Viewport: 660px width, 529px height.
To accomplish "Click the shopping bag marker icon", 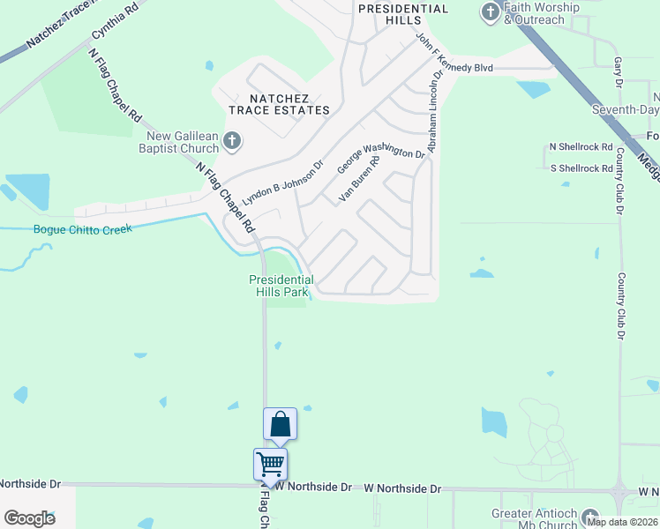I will tap(280, 424).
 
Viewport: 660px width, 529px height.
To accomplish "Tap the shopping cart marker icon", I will tap(270, 463).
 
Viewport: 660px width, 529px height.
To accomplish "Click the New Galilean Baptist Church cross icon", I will tap(231, 139).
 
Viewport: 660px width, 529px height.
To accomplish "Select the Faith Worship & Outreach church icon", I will tap(491, 11).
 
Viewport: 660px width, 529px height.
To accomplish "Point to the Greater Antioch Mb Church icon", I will tap(589, 518).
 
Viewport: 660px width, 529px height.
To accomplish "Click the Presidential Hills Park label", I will tap(281, 286).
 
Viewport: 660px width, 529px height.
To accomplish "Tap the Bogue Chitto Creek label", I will tap(82, 229).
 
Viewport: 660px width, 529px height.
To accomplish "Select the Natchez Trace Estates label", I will tap(279, 104).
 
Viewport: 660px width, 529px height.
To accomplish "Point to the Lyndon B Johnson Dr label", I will tap(283, 183).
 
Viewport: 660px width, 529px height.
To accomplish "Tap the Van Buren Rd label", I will tap(359, 180).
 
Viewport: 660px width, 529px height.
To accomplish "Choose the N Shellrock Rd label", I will tap(581, 146).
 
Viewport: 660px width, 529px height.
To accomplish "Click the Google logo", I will tap(29, 518).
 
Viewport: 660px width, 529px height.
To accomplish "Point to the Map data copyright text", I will tap(622, 522).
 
